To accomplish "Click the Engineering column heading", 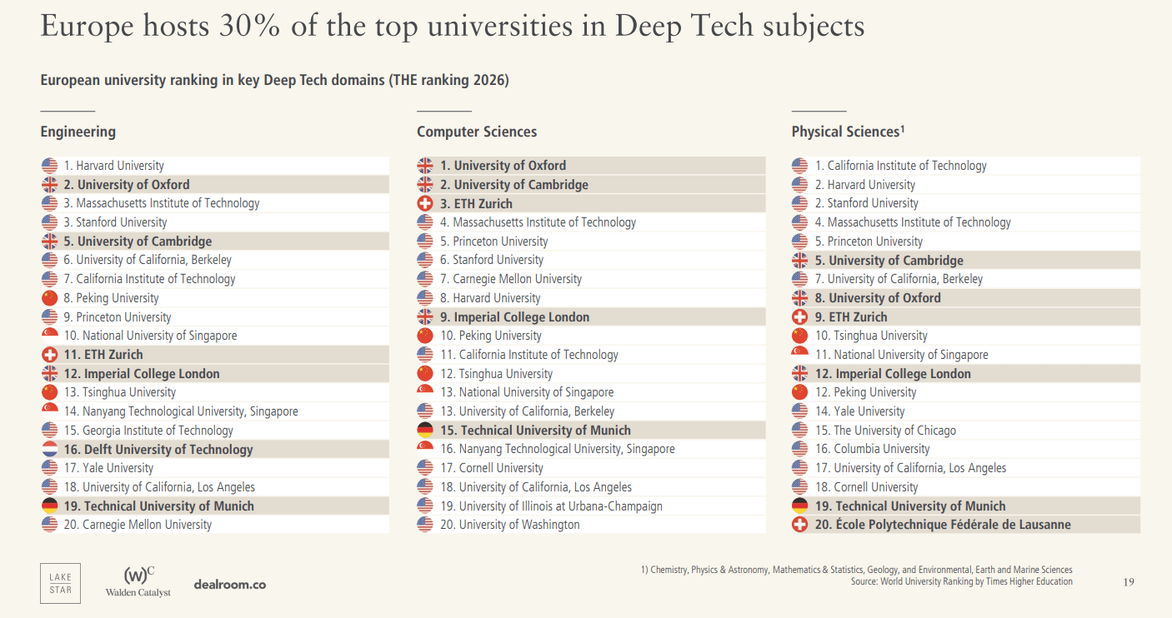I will click(78, 132).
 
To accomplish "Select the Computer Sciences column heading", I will click(477, 132).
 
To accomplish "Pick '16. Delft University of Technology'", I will click(158, 450).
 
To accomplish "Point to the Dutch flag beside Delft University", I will click(49, 450).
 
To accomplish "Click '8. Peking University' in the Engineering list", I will click(112, 298).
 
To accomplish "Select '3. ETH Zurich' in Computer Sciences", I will click(476, 204).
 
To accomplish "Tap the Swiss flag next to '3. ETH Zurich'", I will click(425, 204).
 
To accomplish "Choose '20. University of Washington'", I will click(510, 525).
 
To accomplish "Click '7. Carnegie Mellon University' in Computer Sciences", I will click(511, 279).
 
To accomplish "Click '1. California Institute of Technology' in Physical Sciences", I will click(901, 166).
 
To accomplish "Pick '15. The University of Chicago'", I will click(885, 431).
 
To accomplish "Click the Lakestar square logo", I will click(60, 583).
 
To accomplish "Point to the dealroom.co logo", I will click(229, 585).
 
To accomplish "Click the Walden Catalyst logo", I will click(138, 581).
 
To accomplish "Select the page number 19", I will click(1129, 581).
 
